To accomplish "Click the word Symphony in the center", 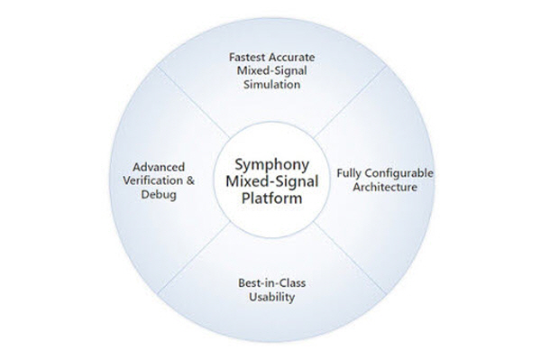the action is (272, 165).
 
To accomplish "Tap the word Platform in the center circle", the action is (272, 198).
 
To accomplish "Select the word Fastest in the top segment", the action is (247, 57).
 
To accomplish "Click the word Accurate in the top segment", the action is (292, 57).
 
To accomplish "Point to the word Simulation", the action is (272, 85).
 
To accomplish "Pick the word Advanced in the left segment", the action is (159, 167).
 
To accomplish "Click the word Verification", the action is (153, 180).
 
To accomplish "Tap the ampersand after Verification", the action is (190, 180).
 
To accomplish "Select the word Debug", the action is (159, 195).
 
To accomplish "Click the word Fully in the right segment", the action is (346, 173).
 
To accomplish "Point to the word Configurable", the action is (397, 173).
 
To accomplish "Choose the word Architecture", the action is (385, 188).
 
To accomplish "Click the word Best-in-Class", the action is (272, 283).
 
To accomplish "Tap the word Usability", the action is (272, 297).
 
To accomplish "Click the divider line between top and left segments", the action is (194, 101).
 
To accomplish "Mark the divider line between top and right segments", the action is (350, 101).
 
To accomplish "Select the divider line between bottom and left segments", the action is (194, 258).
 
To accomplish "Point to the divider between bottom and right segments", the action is (350, 258).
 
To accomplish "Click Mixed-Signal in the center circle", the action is (272, 181).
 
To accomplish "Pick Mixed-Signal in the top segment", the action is (272, 70).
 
